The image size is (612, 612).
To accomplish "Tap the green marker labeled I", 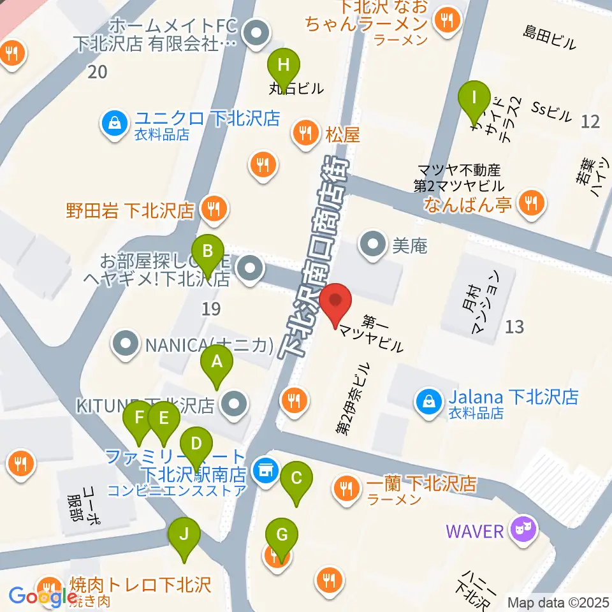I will pos(474,98).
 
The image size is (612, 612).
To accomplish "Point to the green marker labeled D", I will pos(196,443).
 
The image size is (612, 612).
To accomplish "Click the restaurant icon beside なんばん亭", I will pos(530,204).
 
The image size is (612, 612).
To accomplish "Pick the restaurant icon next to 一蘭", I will pos(347,488).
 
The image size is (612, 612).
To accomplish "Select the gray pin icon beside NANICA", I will pos(126,344).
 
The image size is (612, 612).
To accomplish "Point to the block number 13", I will pos(514,327).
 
